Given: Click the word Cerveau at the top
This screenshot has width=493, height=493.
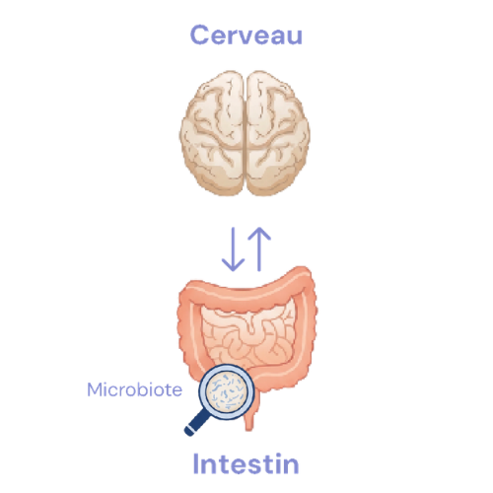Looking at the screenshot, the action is coord(246,35).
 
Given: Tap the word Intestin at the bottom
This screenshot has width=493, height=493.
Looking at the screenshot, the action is coord(246,463).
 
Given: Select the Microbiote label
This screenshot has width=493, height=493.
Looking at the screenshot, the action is coord(134,389).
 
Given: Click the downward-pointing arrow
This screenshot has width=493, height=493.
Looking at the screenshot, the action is coord(233,249).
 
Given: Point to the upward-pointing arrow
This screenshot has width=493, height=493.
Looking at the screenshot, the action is coord(259,249).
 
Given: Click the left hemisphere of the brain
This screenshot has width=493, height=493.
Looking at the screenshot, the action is coord(212,133).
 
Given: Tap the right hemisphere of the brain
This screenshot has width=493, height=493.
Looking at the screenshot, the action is coord(278,133).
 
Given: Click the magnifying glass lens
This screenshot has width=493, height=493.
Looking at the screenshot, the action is coord(227,392).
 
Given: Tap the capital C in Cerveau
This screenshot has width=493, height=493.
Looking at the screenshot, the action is coord(200,35).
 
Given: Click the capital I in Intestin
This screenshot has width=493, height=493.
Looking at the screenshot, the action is coord(196,463).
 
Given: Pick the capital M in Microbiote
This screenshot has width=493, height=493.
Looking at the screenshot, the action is coord(95,389).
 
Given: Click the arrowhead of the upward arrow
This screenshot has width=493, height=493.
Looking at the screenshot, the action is coord(259,234).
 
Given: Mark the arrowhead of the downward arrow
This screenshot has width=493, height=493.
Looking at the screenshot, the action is coord(233,265).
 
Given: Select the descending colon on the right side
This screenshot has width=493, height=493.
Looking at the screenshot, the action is coord(306,332).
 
